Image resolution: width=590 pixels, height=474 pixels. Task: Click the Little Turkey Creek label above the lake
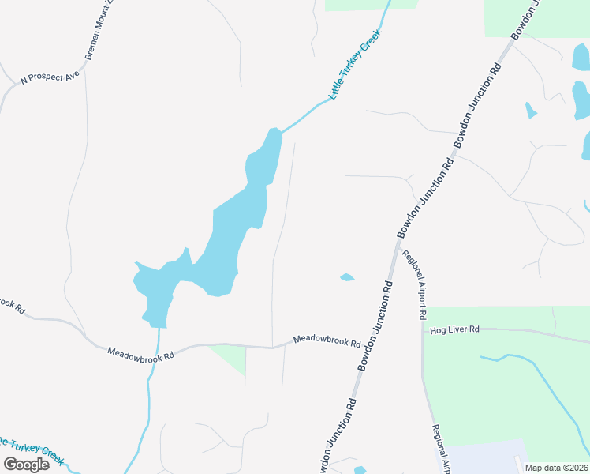click(x=355, y=65)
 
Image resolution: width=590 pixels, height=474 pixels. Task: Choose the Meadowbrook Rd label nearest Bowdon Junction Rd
click(x=327, y=341)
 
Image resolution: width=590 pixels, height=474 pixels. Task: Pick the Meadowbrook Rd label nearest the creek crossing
click(x=140, y=352)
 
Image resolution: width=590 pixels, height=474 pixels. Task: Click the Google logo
click(x=26, y=464)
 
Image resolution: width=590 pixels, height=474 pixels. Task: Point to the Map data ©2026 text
click(x=556, y=468)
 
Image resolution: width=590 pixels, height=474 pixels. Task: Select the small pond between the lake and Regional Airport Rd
click(x=346, y=277)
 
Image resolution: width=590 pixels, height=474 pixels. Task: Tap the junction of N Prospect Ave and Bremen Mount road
click(x=84, y=66)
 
